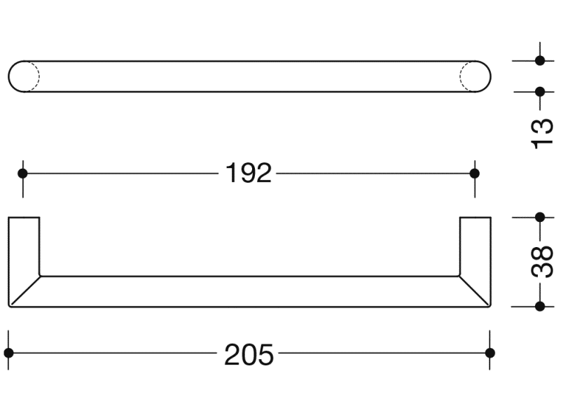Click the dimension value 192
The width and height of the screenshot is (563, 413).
pyautogui.click(x=249, y=172)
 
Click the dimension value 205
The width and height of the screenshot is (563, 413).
pyautogui.click(x=249, y=356)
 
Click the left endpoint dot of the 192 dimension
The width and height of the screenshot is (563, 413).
pyautogui.click(x=22, y=173)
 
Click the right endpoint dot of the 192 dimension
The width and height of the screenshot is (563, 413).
pyautogui.click(x=475, y=173)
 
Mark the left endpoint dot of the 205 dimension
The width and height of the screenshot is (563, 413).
pyautogui.click(x=9, y=352)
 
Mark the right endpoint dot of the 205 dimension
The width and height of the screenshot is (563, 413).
pyautogui.click(x=489, y=352)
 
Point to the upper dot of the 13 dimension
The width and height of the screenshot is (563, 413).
pyautogui.click(x=540, y=61)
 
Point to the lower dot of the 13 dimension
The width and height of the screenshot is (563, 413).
pyautogui.click(x=540, y=91)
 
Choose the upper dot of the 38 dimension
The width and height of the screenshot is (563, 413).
pyautogui.click(x=540, y=217)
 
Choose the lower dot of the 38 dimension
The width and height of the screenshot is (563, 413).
pyautogui.click(x=540, y=306)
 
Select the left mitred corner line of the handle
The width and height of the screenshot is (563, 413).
pyautogui.click(x=25, y=290)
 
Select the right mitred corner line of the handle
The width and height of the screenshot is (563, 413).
pyautogui.click(x=474, y=290)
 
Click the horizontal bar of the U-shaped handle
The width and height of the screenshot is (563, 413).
pyautogui.click(x=249, y=291)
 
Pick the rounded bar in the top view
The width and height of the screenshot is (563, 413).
pyautogui.click(x=249, y=76)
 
